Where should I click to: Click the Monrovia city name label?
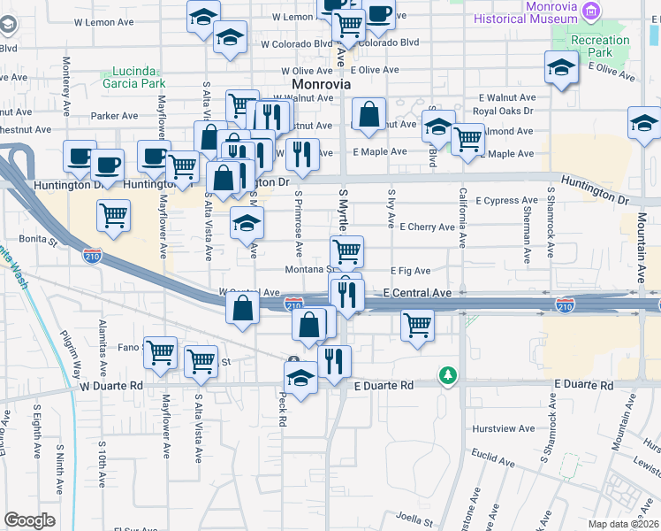(321, 84)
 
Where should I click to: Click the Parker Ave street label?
(115, 116)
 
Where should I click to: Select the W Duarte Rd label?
(111, 386)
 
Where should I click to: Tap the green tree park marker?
(449, 375)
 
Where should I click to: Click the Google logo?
(29, 520)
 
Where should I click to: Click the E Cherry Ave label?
(427, 227)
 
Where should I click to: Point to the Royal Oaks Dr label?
(503, 112)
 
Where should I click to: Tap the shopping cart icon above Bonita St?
(113, 215)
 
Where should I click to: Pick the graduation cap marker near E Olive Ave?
(560, 67)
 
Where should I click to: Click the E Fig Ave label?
(411, 272)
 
